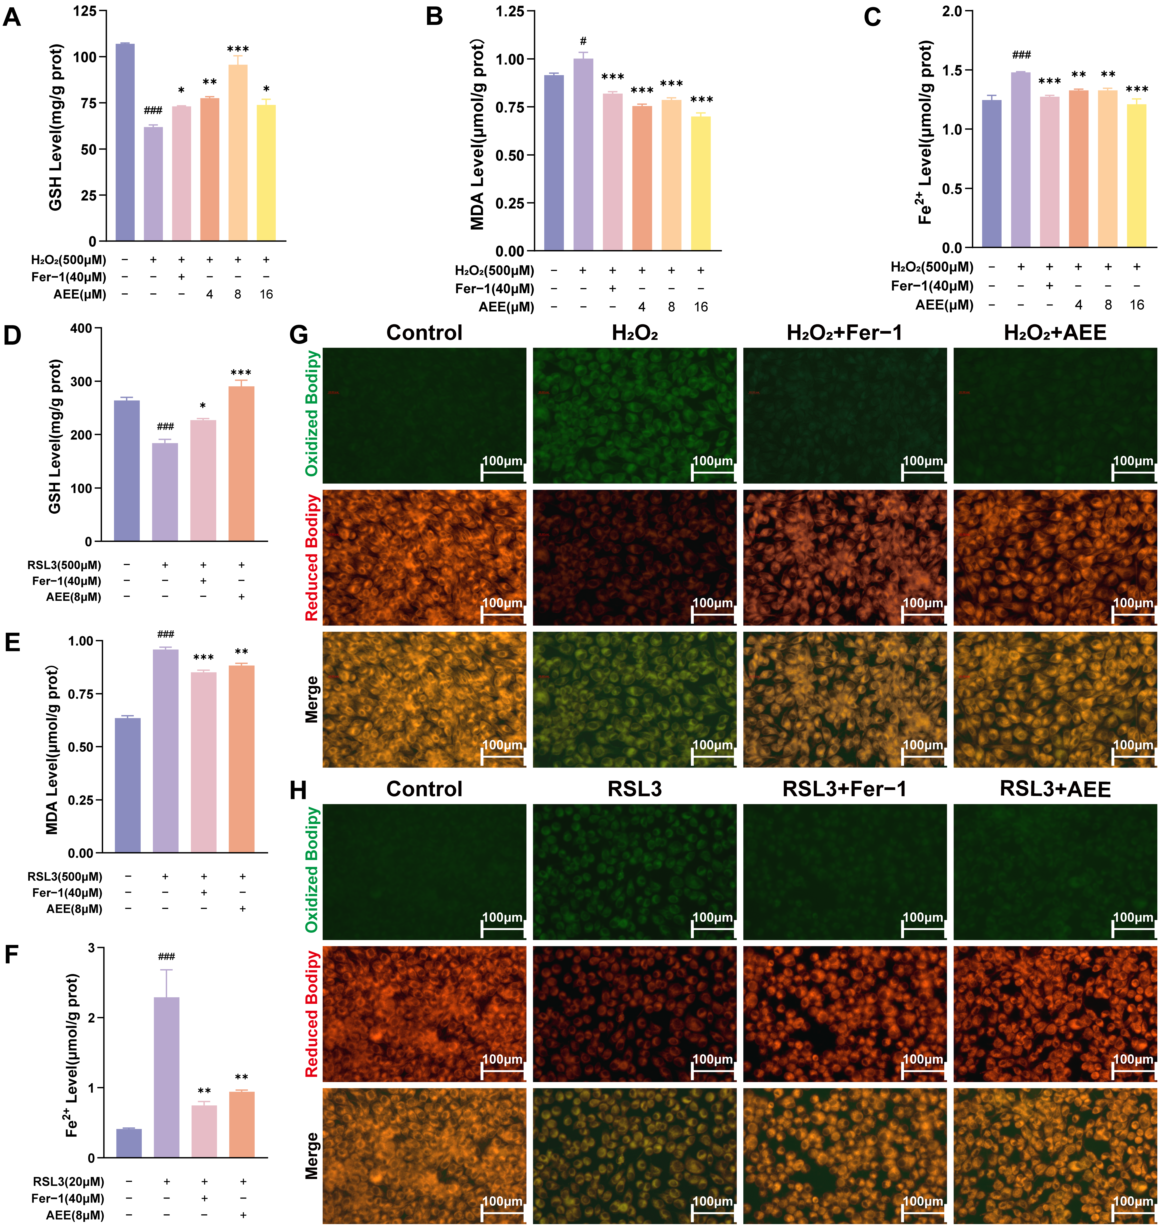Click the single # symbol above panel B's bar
click(583, 41)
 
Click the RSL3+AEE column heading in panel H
click(1055, 789)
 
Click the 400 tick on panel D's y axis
click(81, 328)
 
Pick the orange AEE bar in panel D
click(241, 464)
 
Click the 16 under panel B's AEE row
click(701, 307)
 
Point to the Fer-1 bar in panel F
click(204, 1131)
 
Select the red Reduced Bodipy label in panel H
click(312, 1013)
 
